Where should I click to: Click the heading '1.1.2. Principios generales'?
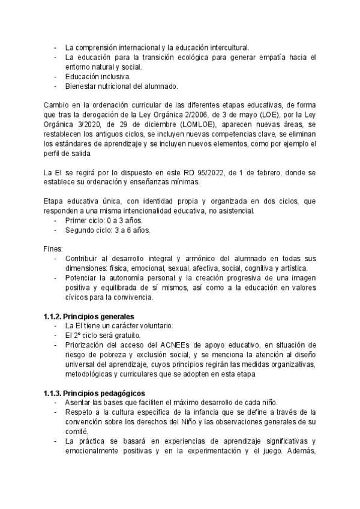click(89, 316)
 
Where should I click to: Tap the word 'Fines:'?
click(53, 248)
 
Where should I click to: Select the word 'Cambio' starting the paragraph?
click(55, 104)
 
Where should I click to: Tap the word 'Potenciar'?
click(82, 278)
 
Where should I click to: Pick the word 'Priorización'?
click(86, 345)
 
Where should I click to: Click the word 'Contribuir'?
click(82, 258)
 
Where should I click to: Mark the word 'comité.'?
click(77, 432)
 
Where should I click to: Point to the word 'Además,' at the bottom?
click(302, 451)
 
